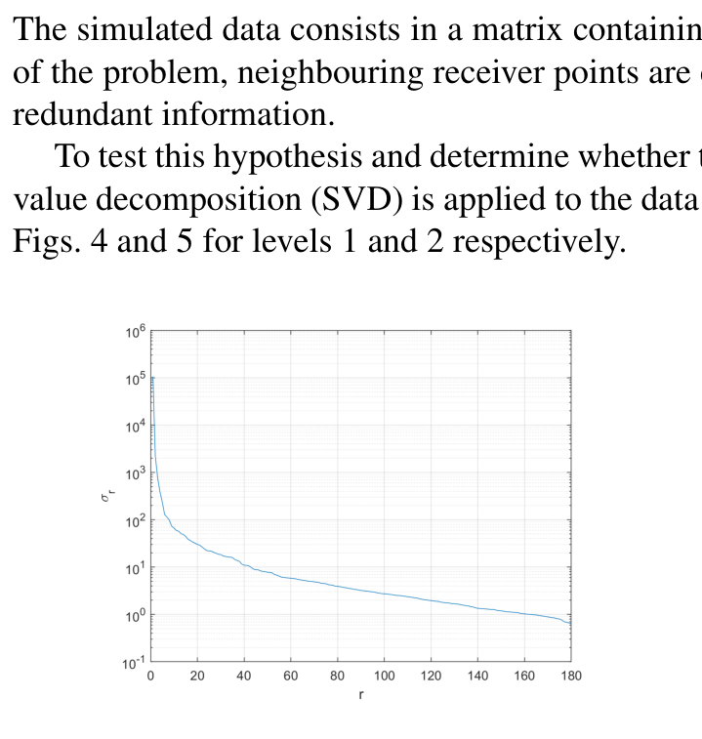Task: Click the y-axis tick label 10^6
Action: (x=135, y=332)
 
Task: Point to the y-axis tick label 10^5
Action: (x=135, y=379)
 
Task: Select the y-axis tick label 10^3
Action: (x=135, y=473)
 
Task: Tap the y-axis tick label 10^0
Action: (x=135, y=616)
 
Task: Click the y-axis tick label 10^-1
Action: (x=134, y=663)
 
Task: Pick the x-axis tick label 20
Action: (x=197, y=676)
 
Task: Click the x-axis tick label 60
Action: (x=291, y=676)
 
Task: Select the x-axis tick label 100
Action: (x=384, y=676)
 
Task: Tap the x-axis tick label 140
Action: (x=477, y=676)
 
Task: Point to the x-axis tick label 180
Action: (x=571, y=676)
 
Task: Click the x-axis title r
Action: (x=360, y=696)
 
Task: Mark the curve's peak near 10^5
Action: (x=152, y=377)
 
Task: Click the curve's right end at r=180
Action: (x=571, y=624)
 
